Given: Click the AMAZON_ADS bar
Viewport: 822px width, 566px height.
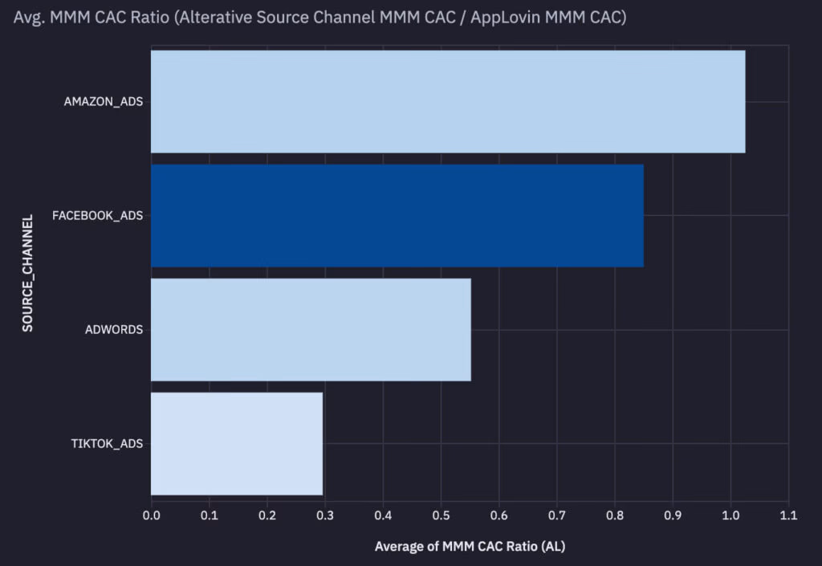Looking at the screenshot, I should click(447, 101).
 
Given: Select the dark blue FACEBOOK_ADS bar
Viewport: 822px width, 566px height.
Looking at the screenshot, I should click(397, 215).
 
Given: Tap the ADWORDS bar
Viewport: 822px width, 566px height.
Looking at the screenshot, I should click(311, 329).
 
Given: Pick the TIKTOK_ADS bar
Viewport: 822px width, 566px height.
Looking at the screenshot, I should click(237, 443).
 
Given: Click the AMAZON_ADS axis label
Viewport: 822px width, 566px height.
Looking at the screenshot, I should click(104, 102).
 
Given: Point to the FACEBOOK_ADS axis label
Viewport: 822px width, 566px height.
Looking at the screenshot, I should click(97, 216).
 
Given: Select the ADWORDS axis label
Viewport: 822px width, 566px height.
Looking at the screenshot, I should click(113, 330).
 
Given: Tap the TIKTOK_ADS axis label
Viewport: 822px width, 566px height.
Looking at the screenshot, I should click(106, 443).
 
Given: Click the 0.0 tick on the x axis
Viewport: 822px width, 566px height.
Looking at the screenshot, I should click(151, 515).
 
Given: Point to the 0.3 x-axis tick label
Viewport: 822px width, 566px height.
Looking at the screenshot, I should click(324, 515).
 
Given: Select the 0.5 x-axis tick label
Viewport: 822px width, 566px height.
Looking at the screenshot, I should click(441, 515).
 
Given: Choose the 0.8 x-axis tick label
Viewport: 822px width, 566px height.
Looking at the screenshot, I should click(614, 515).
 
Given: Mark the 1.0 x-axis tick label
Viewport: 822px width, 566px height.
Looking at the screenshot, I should click(730, 515).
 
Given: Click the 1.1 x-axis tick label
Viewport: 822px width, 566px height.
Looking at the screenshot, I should click(787, 515).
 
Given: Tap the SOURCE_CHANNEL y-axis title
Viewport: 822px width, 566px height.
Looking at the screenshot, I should click(28, 273).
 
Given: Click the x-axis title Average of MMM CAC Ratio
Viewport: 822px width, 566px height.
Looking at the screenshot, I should click(470, 547).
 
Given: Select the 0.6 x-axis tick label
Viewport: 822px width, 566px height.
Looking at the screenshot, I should click(498, 515).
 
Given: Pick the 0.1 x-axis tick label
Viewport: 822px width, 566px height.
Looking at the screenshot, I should click(209, 515).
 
